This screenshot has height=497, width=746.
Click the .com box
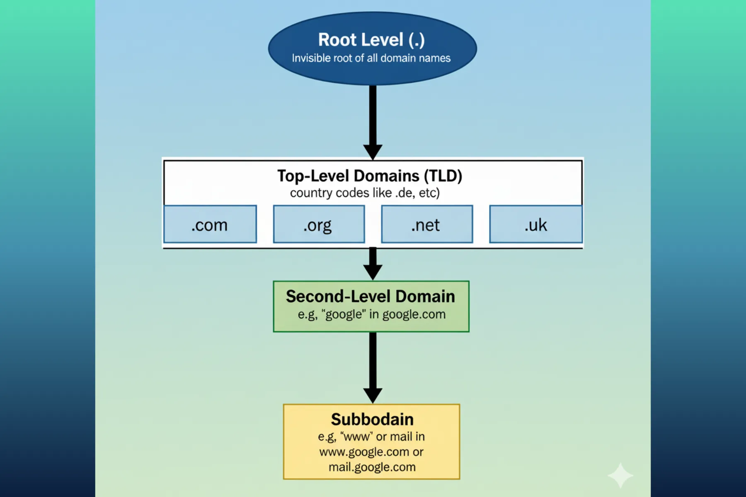pyautogui.click(x=210, y=224)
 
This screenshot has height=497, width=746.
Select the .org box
pyautogui.click(x=319, y=224)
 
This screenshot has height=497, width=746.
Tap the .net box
pyautogui.click(x=427, y=224)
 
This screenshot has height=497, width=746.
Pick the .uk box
pyautogui.click(x=535, y=224)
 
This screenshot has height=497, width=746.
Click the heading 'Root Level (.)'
pyautogui.click(x=371, y=40)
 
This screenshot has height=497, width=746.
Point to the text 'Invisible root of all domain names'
pyautogui.click(x=371, y=58)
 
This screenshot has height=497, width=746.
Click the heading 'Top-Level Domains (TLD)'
pyautogui.click(x=370, y=176)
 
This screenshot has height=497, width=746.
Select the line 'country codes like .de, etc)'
pyautogui.click(x=365, y=193)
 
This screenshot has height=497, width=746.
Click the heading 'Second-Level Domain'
pyautogui.click(x=371, y=297)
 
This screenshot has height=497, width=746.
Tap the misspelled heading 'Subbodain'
pyautogui.click(x=372, y=420)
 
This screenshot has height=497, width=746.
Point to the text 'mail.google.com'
pyautogui.click(x=372, y=467)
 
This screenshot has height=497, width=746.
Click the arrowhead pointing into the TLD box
pyautogui.click(x=373, y=152)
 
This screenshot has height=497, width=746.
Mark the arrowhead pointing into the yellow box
pyautogui.click(x=373, y=395)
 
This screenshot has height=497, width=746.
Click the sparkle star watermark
pyautogui.click(x=620, y=475)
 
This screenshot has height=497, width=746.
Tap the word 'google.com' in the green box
pyautogui.click(x=414, y=314)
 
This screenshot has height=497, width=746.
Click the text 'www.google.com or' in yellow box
pyautogui.click(x=371, y=452)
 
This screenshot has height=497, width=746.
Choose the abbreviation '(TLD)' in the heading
pyautogui.click(x=443, y=176)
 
